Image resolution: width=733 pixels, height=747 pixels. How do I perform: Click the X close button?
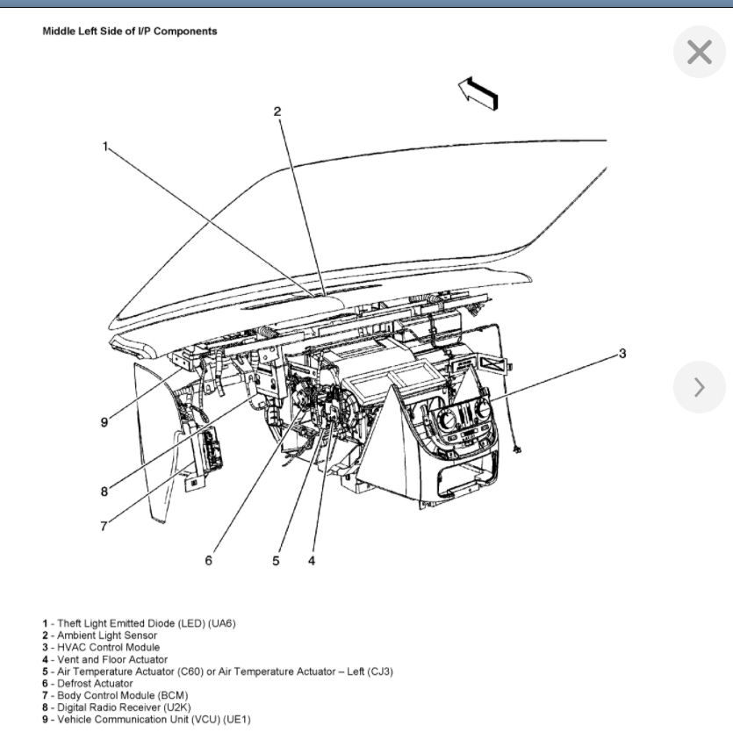point(699,53)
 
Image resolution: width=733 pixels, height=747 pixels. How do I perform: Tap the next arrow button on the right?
point(699,387)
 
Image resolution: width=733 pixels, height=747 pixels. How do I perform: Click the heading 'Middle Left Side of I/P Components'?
point(130,32)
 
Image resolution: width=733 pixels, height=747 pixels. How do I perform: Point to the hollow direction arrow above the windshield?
point(478,91)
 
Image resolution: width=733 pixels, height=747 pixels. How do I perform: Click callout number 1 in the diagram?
point(105,147)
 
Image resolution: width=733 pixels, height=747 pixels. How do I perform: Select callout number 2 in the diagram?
point(277,111)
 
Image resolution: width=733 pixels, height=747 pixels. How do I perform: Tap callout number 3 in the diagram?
point(622,354)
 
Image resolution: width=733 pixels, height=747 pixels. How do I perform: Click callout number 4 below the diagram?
point(312,561)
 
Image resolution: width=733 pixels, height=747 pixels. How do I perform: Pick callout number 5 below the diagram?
point(276,561)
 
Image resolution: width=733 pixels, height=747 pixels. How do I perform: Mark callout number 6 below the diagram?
point(208,561)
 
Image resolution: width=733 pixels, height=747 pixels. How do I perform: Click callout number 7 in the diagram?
point(104,527)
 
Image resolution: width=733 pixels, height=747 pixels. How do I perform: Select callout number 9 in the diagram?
point(104,422)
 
